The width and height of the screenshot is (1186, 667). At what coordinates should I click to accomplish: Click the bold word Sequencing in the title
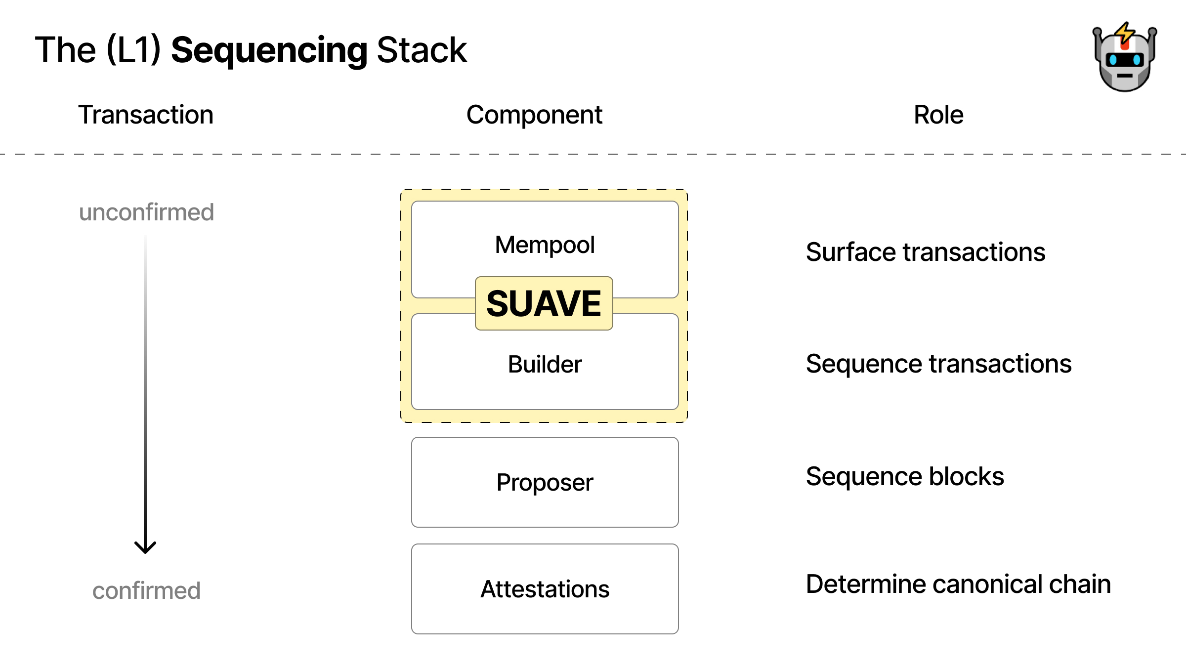click(x=269, y=50)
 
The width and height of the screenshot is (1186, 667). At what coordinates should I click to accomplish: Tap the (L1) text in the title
click(x=133, y=50)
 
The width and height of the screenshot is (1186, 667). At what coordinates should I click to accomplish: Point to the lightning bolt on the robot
click(x=1125, y=33)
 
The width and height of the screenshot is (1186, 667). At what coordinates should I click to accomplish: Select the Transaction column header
click(x=146, y=115)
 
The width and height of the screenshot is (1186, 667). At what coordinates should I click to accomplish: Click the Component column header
click(x=534, y=115)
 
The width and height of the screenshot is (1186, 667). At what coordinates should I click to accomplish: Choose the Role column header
click(x=938, y=115)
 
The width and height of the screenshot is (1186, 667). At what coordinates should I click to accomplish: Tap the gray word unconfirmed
click(x=146, y=212)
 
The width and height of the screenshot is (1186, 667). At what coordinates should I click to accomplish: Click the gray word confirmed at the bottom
click(x=146, y=590)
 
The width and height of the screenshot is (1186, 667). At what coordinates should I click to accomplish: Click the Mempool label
click(x=545, y=245)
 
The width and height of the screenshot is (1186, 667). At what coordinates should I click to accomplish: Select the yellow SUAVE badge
click(x=544, y=303)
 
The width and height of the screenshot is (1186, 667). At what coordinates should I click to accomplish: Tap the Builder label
click(x=545, y=364)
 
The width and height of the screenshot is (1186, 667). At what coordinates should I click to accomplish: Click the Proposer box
click(x=545, y=482)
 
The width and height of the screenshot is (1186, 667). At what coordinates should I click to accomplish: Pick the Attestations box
click(x=545, y=589)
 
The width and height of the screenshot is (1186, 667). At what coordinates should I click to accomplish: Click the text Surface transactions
click(x=925, y=252)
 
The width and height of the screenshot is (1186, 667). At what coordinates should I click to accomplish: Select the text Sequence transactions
click(x=938, y=364)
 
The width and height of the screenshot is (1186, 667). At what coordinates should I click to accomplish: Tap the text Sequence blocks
click(x=904, y=476)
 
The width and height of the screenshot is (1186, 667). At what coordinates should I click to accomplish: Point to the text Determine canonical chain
click(x=958, y=584)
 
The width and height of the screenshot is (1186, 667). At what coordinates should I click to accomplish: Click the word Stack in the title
click(x=422, y=50)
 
